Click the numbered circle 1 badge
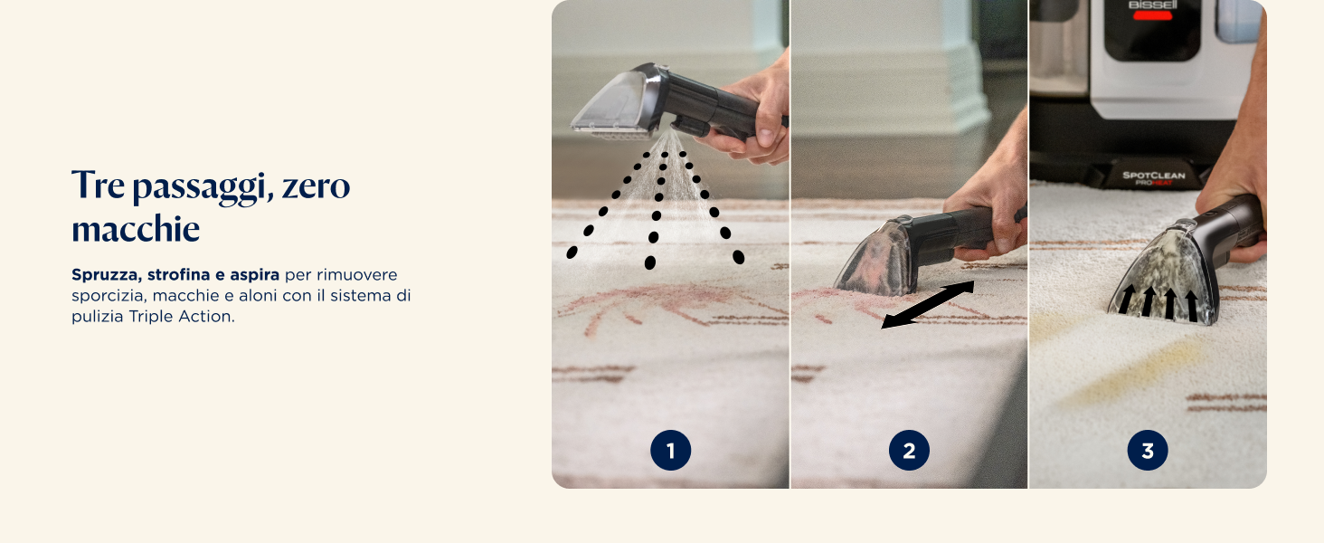point(670,450)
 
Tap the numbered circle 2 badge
point(909,450)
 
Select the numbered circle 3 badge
point(1148,450)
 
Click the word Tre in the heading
point(98,186)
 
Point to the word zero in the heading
point(316,186)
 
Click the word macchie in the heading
point(136,228)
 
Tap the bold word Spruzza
point(107,275)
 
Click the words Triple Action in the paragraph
point(180,317)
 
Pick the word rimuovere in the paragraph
point(357,275)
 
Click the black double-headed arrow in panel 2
point(927,304)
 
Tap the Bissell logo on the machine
point(1152,5)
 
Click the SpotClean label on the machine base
point(1153,175)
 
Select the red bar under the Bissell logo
point(1152,16)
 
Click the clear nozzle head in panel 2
point(874,258)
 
